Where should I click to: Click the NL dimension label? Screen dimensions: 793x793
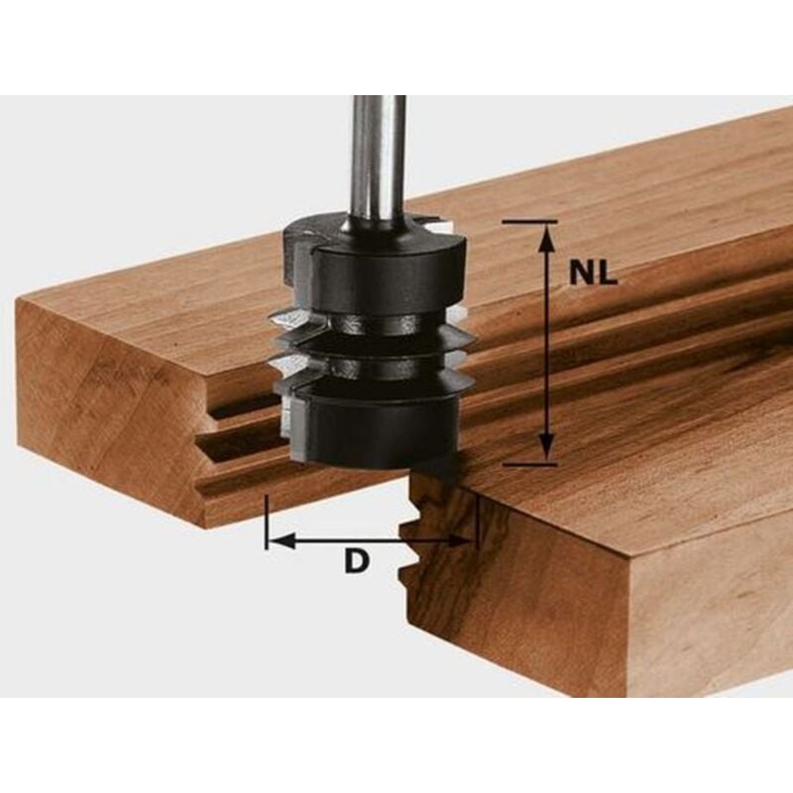593,275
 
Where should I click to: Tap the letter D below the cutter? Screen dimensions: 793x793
357,561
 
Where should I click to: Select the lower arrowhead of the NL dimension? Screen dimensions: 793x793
544,451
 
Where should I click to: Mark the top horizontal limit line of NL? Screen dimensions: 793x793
529,222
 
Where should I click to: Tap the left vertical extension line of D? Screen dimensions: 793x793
266,520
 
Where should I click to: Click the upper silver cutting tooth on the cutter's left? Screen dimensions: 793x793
287,319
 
